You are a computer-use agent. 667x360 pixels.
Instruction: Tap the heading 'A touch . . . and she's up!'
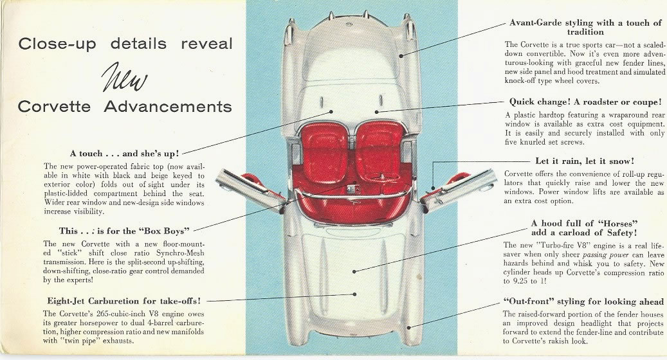point(124,153)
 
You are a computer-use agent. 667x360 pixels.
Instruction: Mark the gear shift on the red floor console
point(351,188)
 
